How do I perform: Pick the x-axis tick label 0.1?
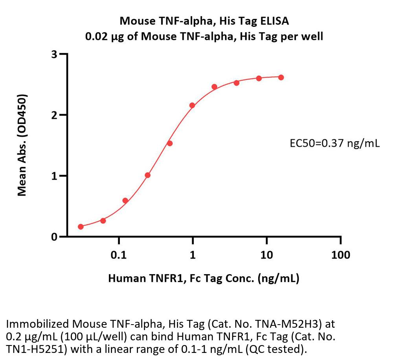pos(118,255)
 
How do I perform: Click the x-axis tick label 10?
pos(266,255)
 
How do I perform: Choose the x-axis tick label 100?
pos(340,255)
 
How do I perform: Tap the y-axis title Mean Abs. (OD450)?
pos(22,146)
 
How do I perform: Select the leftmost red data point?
pos(81,227)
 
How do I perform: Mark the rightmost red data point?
pos(281,78)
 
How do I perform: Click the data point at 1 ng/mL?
pos(192,105)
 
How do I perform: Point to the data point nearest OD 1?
pos(147,175)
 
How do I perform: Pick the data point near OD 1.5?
pos(170,143)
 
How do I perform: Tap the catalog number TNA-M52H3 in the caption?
pos(290,325)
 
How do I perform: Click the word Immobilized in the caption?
pos(38,325)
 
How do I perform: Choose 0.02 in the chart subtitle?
pos(96,37)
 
